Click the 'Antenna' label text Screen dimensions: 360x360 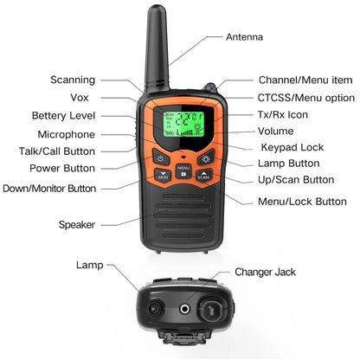[245, 38]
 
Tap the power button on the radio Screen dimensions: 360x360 [161, 158]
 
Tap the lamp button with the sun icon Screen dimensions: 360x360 [205, 158]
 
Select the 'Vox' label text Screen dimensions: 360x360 [80, 98]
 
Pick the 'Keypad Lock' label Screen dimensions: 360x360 [292, 147]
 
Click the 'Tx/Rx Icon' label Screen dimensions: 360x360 [283, 114]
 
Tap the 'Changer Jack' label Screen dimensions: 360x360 [266, 272]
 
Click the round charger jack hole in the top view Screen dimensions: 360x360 [183, 308]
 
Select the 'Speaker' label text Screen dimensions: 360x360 [76, 225]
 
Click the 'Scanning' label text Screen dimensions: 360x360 [74, 80]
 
